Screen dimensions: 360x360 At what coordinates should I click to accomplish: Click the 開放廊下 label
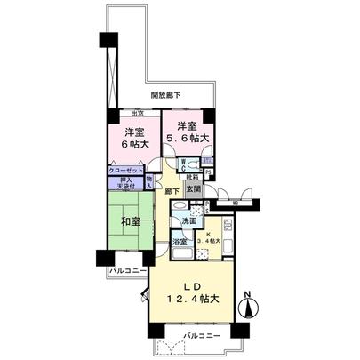coord(165,95)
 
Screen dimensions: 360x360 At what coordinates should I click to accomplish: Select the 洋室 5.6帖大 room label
coord(187,132)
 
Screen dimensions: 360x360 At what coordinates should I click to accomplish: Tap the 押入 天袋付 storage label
coord(122,184)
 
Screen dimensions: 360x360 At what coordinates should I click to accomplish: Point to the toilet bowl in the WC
coord(192,165)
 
